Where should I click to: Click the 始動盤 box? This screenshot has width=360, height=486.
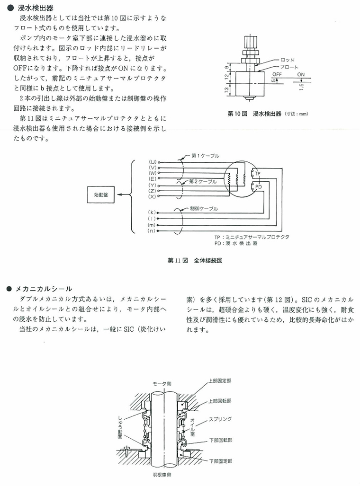click(x=101, y=194)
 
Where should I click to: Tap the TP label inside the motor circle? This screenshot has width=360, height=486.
click(x=258, y=174)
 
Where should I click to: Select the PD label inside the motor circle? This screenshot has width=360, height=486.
click(x=259, y=186)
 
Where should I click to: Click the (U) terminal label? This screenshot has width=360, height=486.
click(x=153, y=162)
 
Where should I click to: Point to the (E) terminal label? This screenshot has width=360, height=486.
click(x=153, y=178)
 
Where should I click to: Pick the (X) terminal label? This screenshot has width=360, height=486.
click(x=153, y=196)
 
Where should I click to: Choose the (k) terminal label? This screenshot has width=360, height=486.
click(x=152, y=212)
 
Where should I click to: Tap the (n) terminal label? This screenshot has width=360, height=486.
click(x=152, y=231)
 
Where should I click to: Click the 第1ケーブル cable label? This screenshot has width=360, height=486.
click(x=206, y=156)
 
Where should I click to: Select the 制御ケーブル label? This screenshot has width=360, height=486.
click(x=204, y=209)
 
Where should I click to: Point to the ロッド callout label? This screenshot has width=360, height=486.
click(x=287, y=60)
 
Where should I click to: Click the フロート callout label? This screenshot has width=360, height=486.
click(x=289, y=67)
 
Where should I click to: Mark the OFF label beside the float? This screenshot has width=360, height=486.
click(x=277, y=74)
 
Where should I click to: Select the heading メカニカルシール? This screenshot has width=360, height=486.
click(x=44, y=289)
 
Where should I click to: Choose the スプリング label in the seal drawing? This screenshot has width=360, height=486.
click(x=220, y=419)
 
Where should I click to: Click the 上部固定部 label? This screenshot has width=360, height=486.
click(x=220, y=380)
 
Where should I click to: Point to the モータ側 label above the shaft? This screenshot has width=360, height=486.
click(x=162, y=383)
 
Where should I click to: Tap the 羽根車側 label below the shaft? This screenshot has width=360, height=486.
click(x=162, y=475)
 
